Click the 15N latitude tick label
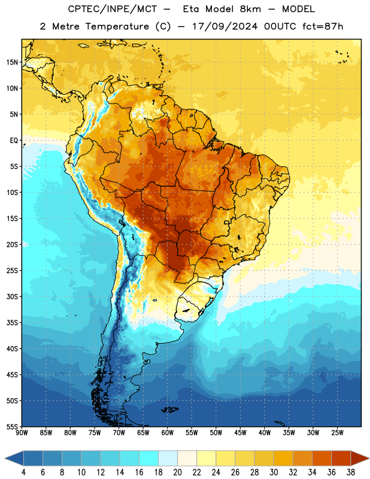coord(12,62)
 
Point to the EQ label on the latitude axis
coord(13,141)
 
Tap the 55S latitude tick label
coord(12,426)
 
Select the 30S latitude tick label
coord(12,296)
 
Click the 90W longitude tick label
coord(22,432)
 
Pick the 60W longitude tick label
coord(168,432)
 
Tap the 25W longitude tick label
coord(337,432)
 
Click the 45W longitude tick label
coord(240,432)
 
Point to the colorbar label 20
coord(177,472)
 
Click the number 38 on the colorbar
coord(351,472)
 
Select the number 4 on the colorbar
coord(23,472)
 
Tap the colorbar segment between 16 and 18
coord(149,458)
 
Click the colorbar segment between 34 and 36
coord(322,458)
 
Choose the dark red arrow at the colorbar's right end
coord(359,458)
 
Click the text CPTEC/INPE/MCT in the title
coord(113,9)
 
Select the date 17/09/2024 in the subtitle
coord(225,26)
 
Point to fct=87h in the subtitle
coord(323,26)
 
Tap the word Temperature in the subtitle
coord(117,26)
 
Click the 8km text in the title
coord(250,9)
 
